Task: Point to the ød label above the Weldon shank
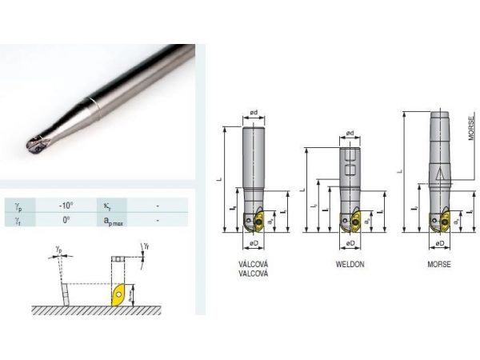coord(349,134)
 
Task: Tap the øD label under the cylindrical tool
coord(252,242)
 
